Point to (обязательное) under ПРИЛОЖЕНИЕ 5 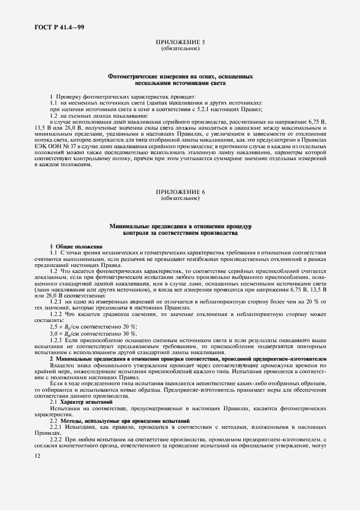click(x=180, y=48)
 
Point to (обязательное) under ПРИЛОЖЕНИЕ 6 click(x=180, y=198)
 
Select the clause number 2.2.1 click(x=57, y=427)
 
